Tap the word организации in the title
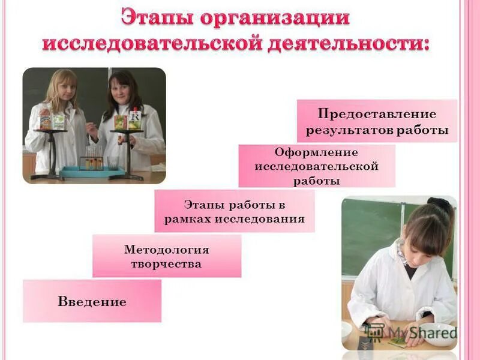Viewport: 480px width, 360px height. coord(275,16)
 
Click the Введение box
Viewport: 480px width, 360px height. coord(92,301)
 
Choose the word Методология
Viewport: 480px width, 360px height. coord(166,249)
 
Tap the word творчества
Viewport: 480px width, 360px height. coord(166,264)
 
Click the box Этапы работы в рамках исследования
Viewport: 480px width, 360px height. coord(234,211)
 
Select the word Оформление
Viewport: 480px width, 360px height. coord(316,152)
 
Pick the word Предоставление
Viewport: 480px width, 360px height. coord(377,114)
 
